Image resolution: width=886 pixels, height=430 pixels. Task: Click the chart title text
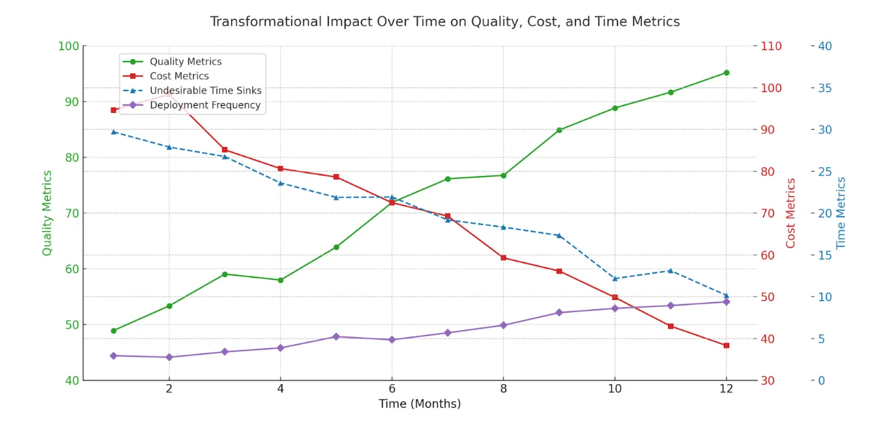[x=444, y=22]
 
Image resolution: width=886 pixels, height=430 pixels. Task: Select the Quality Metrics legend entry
[x=185, y=62]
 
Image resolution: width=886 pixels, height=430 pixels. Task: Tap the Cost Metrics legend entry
[x=179, y=76]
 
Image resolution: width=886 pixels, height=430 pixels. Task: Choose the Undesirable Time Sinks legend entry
[x=205, y=91]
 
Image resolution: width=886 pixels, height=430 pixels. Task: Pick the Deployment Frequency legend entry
[x=205, y=105]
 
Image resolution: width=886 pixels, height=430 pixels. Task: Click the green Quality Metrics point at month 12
[x=726, y=73]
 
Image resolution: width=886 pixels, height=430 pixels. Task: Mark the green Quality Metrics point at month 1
[x=114, y=331]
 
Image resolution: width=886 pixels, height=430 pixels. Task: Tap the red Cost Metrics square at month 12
[x=726, y=345]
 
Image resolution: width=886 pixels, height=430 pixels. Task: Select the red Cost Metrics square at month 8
[x=503, y=257]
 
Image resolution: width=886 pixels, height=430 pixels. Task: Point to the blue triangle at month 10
[x=615, y=278]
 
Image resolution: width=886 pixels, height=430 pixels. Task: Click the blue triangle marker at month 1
[x=114, y=131]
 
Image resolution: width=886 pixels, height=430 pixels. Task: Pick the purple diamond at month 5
[x=336, y=337]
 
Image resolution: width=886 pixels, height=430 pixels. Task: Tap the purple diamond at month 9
[x=559, y=312]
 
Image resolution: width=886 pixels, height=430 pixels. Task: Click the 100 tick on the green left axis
[x=68, y=46]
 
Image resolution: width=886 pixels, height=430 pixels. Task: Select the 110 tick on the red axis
[x=772, y=46]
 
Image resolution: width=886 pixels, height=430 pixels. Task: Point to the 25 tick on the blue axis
[x=825, y=171]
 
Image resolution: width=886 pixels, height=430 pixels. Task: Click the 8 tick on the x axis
[x=503, y=389]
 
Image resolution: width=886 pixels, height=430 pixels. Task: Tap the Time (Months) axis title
[x=419, y=404]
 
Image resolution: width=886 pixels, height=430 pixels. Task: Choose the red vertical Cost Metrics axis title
[x=790, y=213]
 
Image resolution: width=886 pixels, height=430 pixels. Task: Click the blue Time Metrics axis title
[x=841, y=213]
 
